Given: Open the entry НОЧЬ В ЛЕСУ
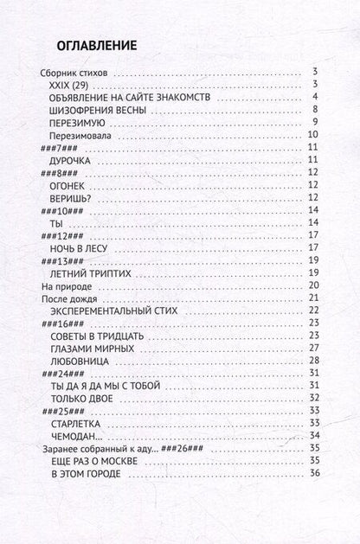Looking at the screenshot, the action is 86,246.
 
